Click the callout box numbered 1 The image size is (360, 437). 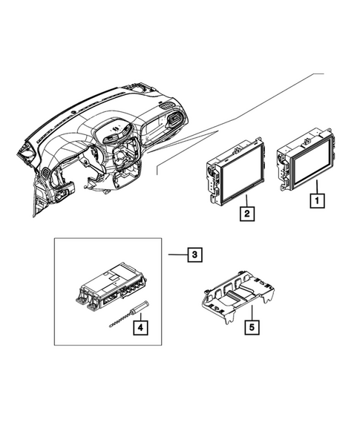(x=317, y=200)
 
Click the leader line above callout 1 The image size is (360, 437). (x=317, y=185)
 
